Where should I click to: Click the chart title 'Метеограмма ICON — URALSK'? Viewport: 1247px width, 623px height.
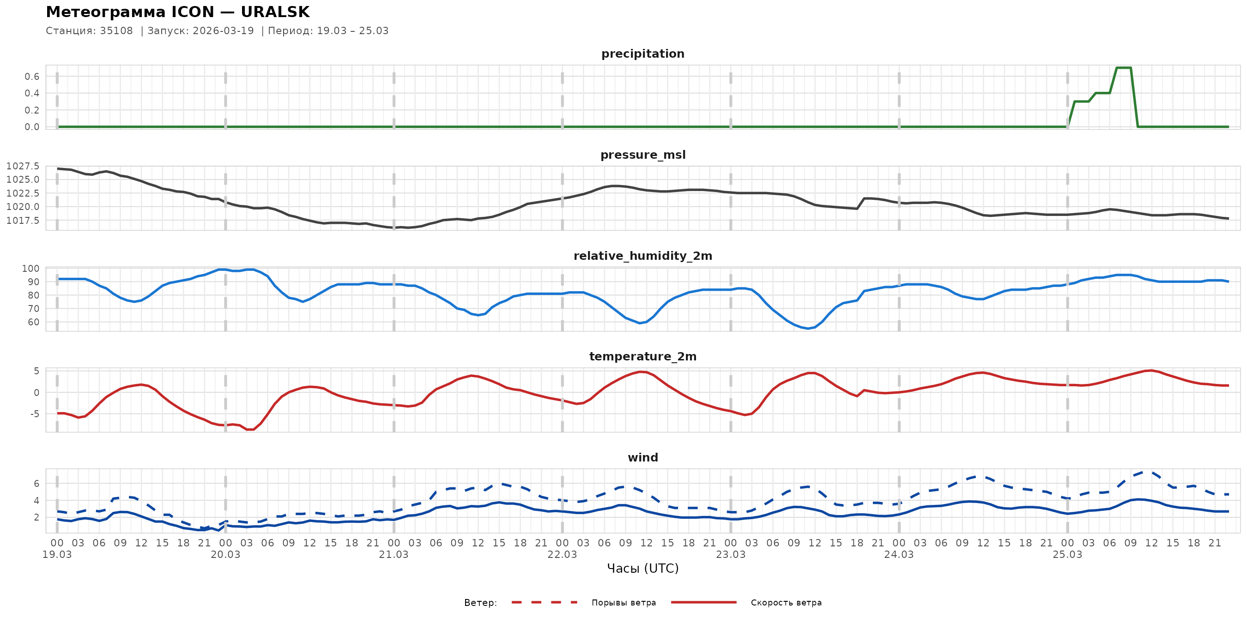coord(178,12)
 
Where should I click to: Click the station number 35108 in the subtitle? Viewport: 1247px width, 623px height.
coord(116,31)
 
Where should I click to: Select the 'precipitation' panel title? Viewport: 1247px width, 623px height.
coord(643,54)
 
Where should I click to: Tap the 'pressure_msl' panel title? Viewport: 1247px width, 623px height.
coord(643,155)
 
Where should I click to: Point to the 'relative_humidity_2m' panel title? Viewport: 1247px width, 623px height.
coord(643,256)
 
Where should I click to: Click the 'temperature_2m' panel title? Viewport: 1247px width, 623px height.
coord(643,356)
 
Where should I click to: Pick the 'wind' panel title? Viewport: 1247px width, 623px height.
coord(643,458)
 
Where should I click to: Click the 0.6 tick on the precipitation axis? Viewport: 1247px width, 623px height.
coord(32,77)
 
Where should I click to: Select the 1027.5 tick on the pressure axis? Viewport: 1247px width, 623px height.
coord(23,167)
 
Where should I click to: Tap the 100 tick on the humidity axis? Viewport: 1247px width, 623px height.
coord(30,269)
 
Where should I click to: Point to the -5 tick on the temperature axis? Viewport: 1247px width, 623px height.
coord(35,413)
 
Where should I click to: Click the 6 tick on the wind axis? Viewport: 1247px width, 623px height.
coord(37,484)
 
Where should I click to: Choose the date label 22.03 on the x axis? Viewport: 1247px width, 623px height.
coord(562,555)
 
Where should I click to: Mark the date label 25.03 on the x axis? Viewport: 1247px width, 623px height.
coord(1067,555)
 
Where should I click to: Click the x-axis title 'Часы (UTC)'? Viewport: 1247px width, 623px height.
coord(643,569)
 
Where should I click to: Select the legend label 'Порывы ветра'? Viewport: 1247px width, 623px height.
coord(623,603)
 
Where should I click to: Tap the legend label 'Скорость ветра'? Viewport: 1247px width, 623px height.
coord(786,603)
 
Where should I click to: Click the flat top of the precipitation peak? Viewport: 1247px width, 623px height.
coord(1124,68)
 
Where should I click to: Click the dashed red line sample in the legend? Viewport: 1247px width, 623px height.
coord(545,602)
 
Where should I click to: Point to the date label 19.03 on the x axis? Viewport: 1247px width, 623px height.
coord(57,555)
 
